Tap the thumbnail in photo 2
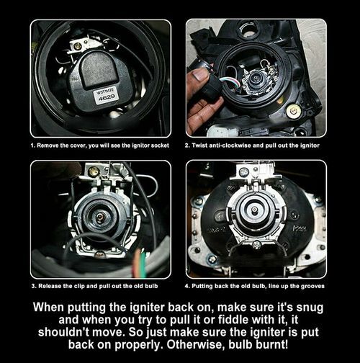[200, 74]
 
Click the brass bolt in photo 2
[293, 111]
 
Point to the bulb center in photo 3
[99, 217]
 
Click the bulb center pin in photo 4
[254, 210]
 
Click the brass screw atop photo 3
[94, 171]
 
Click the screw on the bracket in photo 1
[77, 46]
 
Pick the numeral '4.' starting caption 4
[187, 286]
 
